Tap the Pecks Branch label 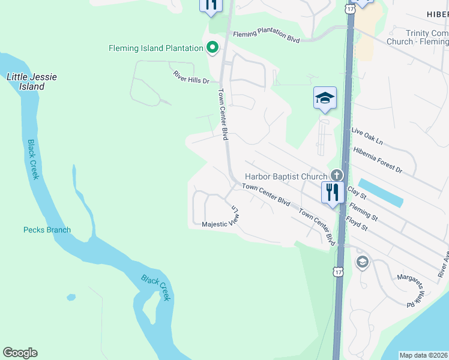coord(47,230)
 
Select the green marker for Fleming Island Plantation coord(212,47)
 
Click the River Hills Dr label coord(191,76)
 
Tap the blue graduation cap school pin coord(325,98)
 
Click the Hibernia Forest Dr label coord(378,161)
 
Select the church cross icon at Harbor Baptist coord(336,176)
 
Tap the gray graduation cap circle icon coord(362,262)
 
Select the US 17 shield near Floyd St coord(339,272)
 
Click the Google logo coord(20,353)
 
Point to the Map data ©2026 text coord(424,355)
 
